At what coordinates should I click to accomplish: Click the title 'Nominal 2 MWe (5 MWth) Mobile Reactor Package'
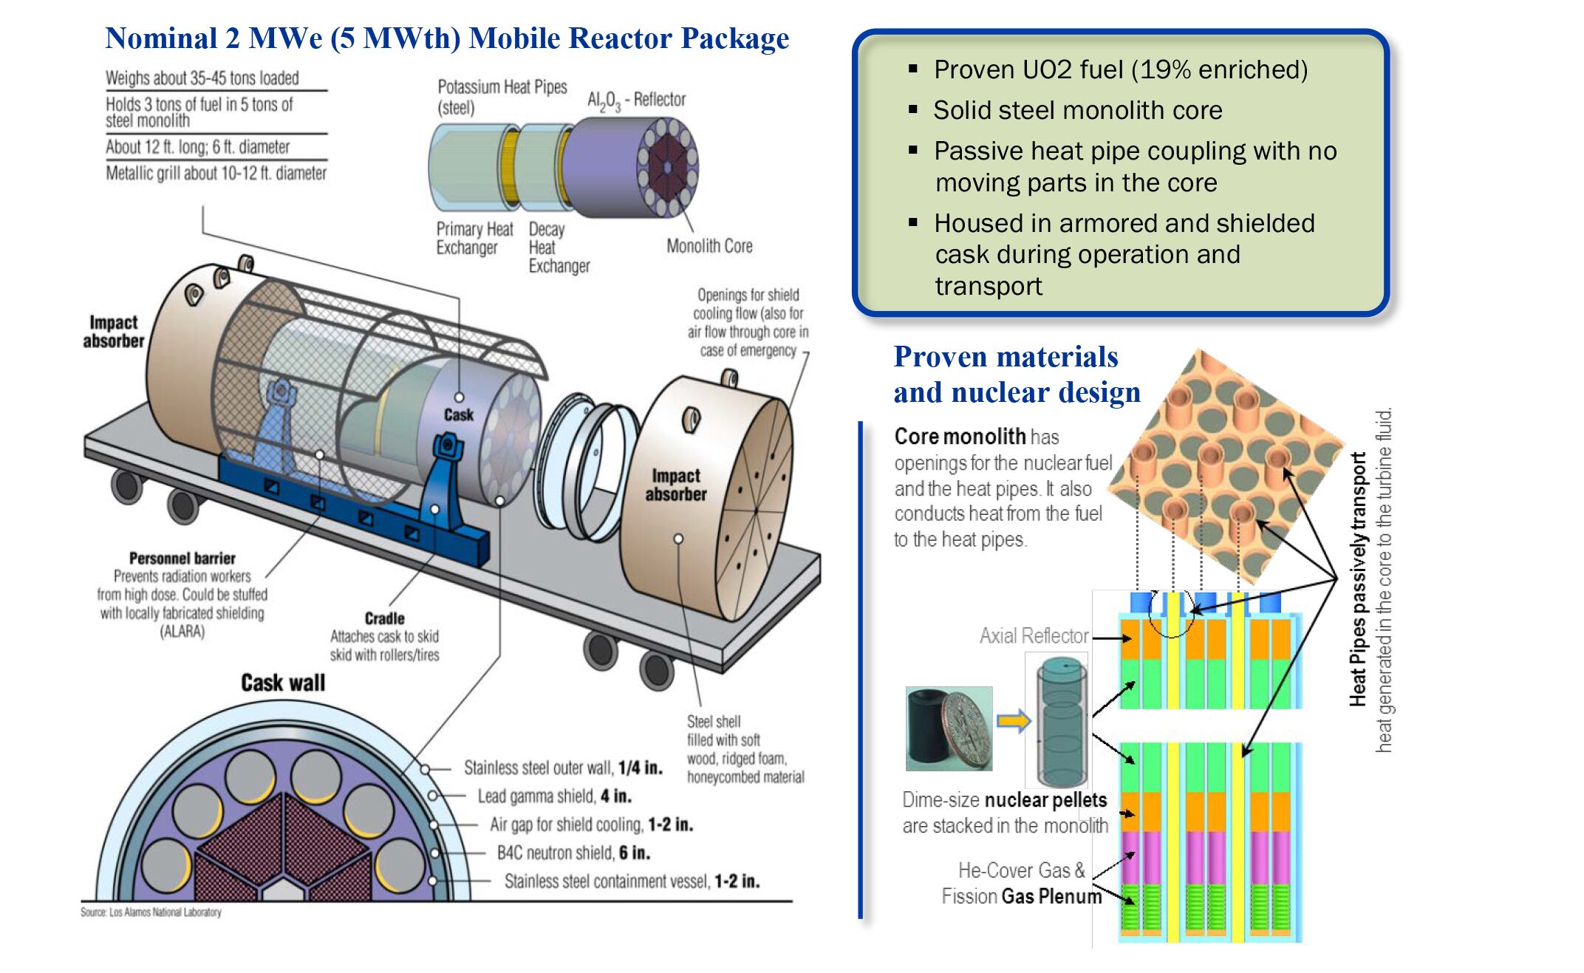[447, 38]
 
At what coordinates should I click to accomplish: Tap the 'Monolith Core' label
[709, 246]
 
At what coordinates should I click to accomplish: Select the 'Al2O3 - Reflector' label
[636, 100]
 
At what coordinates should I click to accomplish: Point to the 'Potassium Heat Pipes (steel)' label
[502, 97]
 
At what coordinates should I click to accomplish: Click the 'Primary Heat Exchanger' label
[474, 238]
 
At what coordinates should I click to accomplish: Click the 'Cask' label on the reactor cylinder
[458, 415]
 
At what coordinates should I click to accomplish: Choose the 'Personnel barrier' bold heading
[182, 559]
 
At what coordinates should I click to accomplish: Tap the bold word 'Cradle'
[384, 618]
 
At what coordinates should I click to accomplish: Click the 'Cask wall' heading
[283, 683]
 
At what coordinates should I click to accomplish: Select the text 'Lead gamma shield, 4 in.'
[554, 796]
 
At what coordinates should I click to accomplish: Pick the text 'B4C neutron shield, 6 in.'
[573, 853]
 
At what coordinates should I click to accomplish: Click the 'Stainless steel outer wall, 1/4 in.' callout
[563, 768]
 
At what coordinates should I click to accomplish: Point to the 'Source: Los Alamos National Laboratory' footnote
[151, 912]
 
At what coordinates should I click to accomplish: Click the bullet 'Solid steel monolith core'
[1077, 111]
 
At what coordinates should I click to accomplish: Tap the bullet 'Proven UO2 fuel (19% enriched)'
[1120, 70]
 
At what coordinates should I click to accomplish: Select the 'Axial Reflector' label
[1034, 636]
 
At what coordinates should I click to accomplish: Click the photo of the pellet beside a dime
[949, 729]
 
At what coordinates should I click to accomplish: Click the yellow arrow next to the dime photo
[1013, 720]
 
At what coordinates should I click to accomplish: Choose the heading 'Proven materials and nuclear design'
[1016, 375]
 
